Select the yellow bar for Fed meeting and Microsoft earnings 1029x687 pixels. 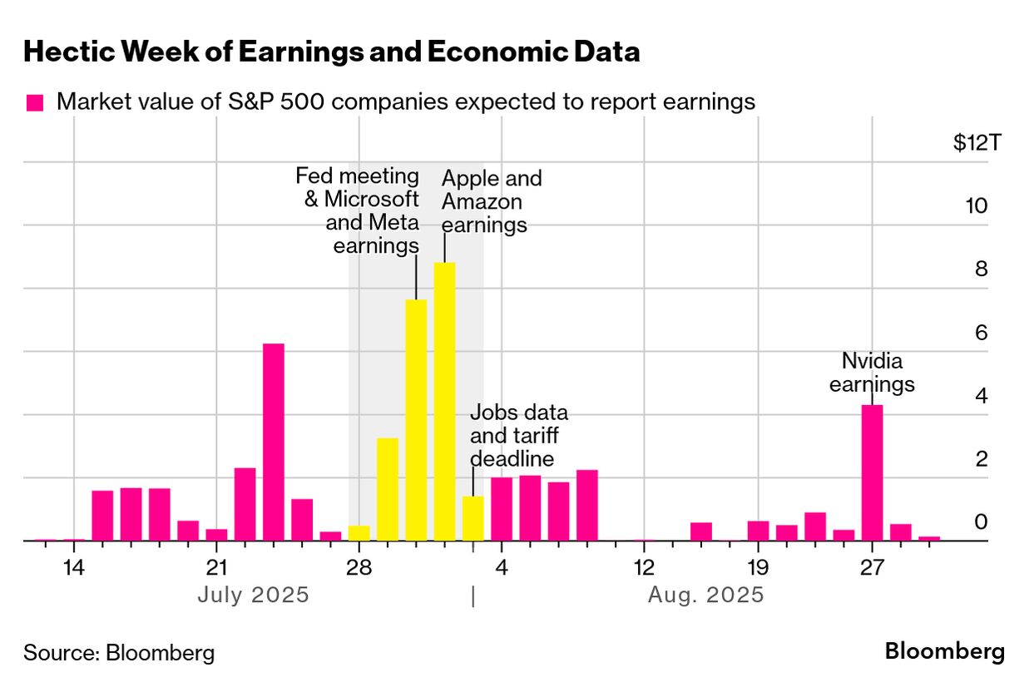click(416, 420)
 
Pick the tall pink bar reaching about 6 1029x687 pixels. click(274, 442)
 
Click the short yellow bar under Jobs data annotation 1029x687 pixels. click(472, 518)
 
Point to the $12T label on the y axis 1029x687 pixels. click(977, 143)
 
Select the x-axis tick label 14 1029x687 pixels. click(74, 569)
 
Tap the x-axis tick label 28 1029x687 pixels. click(359, 569)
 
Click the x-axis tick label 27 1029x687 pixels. click(871, 569)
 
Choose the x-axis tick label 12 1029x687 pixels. click(643, 569)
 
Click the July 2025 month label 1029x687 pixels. click(254, 596)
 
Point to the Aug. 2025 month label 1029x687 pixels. click(706, 596)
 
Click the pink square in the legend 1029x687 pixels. click(35, 103)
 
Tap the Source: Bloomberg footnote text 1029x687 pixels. click(119, 652)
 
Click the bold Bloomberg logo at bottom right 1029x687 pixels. click(944, 651)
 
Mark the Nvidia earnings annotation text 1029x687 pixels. click(872, 373)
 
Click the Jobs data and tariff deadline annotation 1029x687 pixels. click(519, 436)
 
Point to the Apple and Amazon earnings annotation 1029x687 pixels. click(491, 201)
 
